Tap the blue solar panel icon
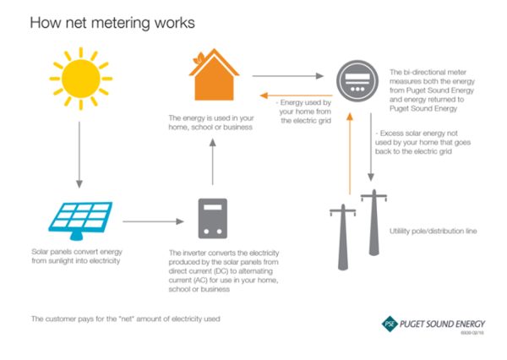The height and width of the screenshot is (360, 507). pyautogui.click(x=79, y=218)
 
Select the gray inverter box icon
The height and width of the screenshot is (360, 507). pyautogui.click(x=212, y=218)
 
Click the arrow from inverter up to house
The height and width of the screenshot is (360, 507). pyautogui.click(x=212, y=161)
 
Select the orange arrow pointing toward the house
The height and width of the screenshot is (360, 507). pyautogui.click(x=296, y=95)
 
